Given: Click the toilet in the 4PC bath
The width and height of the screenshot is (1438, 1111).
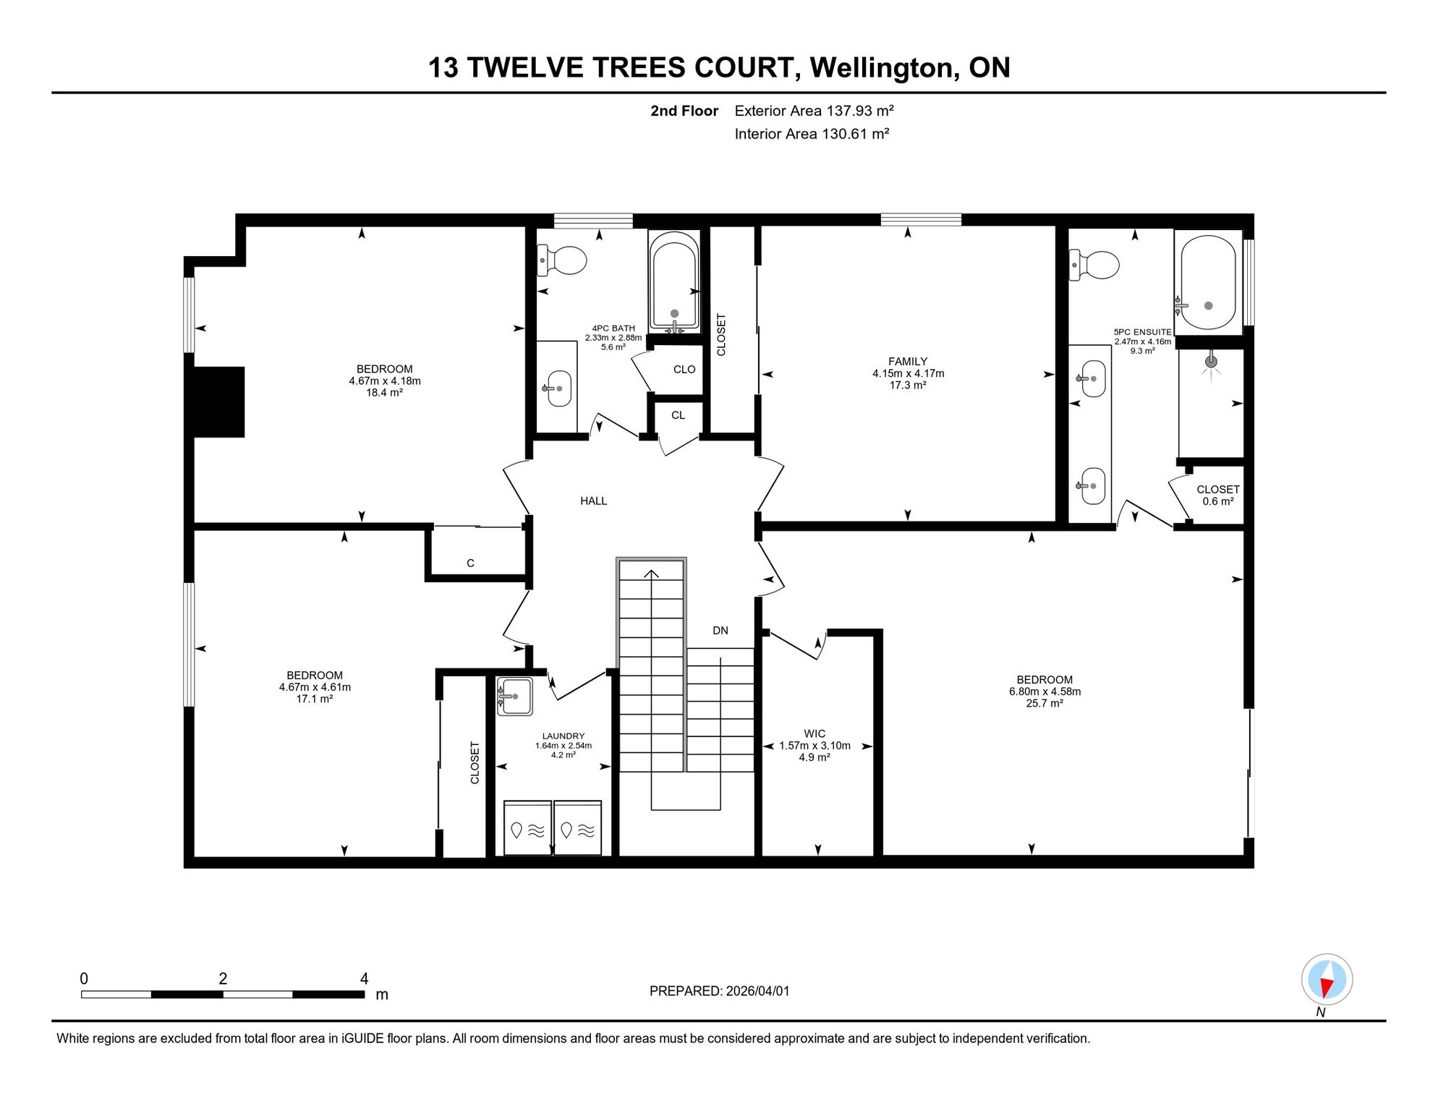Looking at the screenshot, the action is click(561, 260).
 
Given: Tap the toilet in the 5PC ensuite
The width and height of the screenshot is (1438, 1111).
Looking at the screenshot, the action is click(1094, 265).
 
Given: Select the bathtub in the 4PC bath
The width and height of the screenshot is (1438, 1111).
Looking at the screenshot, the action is click(674, 282).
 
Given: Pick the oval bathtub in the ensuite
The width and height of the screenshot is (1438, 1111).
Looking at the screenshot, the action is click(1208, 283).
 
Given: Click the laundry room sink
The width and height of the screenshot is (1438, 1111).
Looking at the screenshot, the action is click(514, 697).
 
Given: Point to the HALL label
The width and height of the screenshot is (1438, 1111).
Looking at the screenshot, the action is click(593, 501).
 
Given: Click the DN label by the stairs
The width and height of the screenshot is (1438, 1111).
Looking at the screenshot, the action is click(720, 631).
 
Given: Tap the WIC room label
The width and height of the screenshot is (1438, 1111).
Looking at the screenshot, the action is click(814, 733).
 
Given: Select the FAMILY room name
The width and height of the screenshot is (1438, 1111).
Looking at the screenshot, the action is click(908, 362).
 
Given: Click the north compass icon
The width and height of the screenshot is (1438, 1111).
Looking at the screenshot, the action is click(1327, 980).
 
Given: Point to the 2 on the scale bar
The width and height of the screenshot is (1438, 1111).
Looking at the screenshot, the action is click(223, 979).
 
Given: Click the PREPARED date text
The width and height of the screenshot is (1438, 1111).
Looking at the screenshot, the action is click(719, 991).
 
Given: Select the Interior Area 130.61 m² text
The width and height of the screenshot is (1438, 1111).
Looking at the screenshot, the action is click(812, 134).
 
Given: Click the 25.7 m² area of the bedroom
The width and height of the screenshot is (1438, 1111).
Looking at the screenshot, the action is click(1045, 703).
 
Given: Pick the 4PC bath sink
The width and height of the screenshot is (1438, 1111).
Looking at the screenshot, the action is click(558, 388).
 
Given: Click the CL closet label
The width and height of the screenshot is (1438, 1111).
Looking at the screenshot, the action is click(678, 415).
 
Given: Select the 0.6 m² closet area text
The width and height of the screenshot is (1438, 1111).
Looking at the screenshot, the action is click(1218, 501).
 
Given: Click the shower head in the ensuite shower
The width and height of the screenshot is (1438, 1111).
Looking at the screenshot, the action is click(1211, 362).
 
